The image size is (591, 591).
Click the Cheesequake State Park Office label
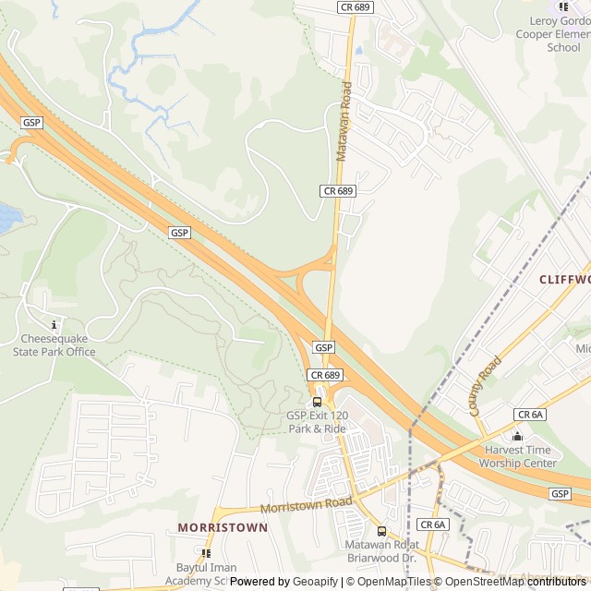coord(54,345)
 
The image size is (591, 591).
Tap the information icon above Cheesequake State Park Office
coord(54,325)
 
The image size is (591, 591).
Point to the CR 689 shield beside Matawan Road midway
coord(338,190)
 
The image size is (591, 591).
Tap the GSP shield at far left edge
coord(31,123)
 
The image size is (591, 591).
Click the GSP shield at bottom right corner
coord(560,494)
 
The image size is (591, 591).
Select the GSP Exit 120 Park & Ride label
coord(317,422)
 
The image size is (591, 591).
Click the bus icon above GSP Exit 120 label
coord(318,402)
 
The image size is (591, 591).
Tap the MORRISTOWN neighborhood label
coord(223,527)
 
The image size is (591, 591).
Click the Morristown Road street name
coord(306,505)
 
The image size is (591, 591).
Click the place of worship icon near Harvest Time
coord(517,436)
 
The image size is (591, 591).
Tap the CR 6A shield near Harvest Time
coord(530,415)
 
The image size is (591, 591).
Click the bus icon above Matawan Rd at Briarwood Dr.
coord(382,531)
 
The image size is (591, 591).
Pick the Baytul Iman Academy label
coord(206,573)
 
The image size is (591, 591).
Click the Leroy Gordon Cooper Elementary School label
coord(558,33)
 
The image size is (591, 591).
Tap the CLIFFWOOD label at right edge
coord(563,279)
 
